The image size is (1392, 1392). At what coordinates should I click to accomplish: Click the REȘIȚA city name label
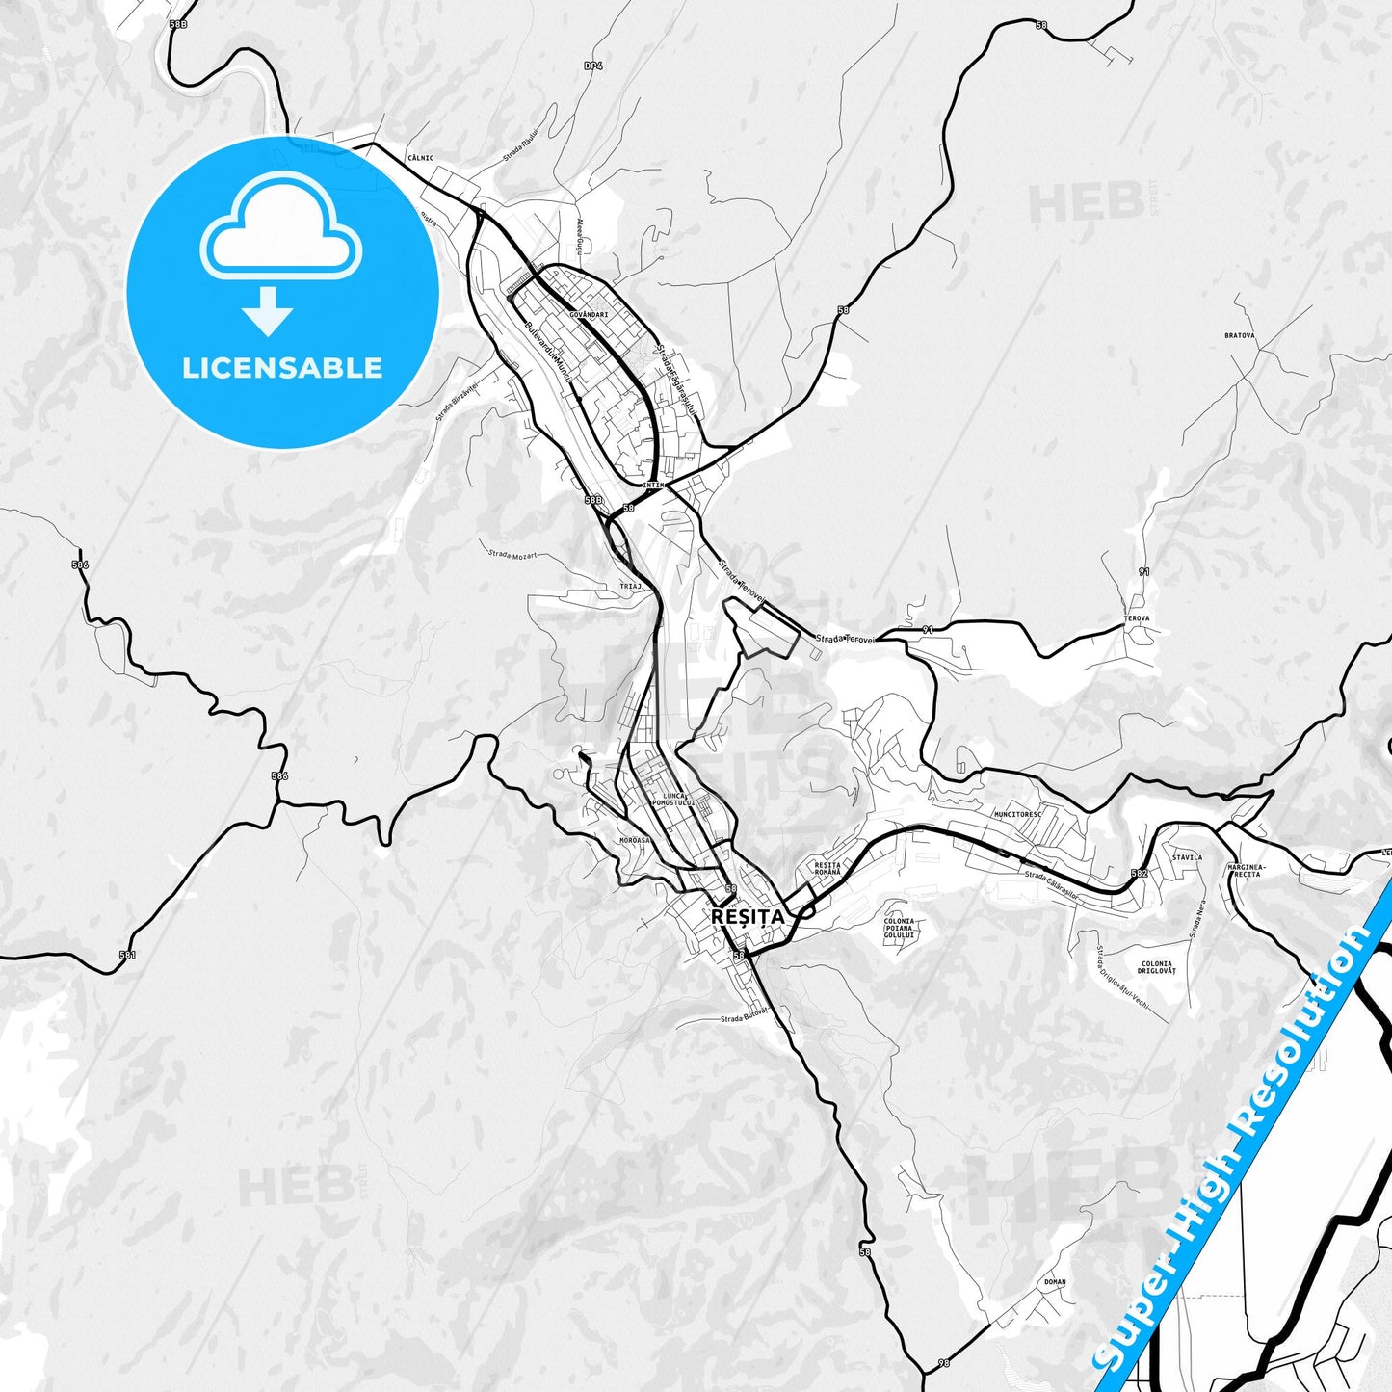click(748, 916)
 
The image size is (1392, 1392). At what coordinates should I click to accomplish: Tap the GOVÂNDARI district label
click(588, 314)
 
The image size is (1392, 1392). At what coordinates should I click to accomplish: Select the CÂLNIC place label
click(420, 158)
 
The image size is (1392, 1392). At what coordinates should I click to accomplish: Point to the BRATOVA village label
click(1239, 336)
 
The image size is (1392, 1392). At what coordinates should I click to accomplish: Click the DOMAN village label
click(1055, 1282)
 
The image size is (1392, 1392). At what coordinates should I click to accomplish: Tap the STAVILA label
click(1187, 856)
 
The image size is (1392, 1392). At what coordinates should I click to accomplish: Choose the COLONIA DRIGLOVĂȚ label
click(1156, 967)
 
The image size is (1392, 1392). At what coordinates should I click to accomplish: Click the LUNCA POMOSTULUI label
click(672, 799)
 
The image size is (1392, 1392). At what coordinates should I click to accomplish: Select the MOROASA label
click(634, 840)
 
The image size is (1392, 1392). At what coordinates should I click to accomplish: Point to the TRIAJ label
click(630, 585)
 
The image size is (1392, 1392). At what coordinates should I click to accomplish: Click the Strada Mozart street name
click(512, 555)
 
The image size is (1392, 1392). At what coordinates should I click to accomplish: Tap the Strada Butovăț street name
click(744, 1015)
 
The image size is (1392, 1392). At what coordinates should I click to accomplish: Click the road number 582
click(1140, 873)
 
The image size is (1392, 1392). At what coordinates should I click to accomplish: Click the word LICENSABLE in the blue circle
click(282, 367)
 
